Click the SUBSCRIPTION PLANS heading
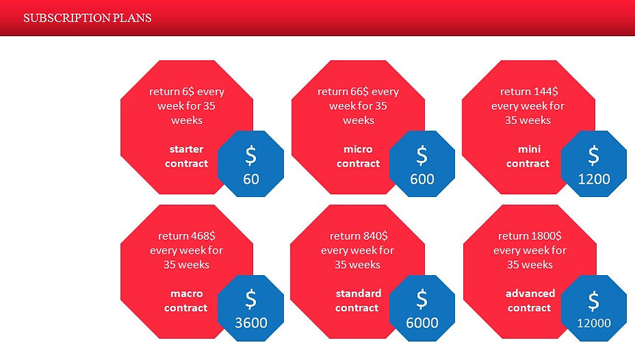88,18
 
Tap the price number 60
251,179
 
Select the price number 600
422,179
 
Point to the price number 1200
594,179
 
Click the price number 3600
251,322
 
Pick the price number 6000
422,322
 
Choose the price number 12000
594,322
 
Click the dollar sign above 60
251,156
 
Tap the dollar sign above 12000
594,300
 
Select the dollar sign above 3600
251,300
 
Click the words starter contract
187,156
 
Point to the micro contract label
358,156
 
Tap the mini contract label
528,156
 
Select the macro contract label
187,300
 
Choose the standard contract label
358,300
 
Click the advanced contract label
530,300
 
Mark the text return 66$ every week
358,98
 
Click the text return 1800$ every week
530,243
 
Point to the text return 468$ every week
187,243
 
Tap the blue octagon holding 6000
422,308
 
